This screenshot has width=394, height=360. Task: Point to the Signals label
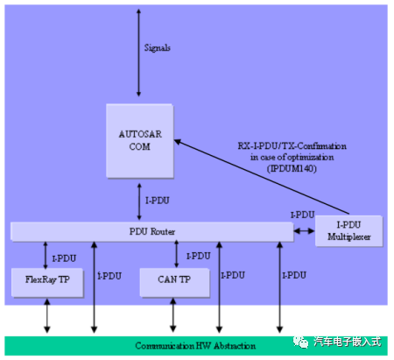(x=158, y=47)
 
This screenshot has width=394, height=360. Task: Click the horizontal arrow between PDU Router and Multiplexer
(x=303, y=231)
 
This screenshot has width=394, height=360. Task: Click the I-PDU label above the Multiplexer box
(x=302, y=215)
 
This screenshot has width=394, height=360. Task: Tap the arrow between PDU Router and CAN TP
(x=177, y=253)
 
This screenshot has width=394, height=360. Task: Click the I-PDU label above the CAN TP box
(x=198, y=256)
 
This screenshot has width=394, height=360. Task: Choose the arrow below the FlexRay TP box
(x=46, y=315)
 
